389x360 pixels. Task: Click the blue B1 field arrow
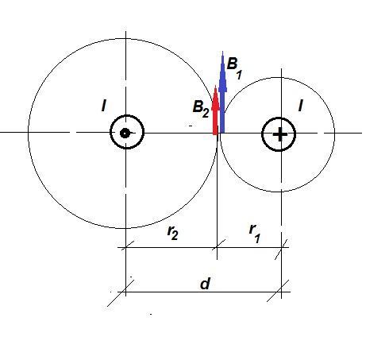click(x=222, y=92)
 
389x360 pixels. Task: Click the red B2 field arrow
click(x=216, y=110)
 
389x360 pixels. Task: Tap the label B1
click(x=234, y=68)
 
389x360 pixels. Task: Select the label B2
click(x=201, y=109)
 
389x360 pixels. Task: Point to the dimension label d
click(x=206, y=284)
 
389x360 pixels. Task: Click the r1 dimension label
click(x=255, y=233)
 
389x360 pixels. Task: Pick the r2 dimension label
click(x=173, y=232)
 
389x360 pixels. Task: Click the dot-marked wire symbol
click(x=127, y=132)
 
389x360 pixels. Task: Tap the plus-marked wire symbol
click(x=279, y=134)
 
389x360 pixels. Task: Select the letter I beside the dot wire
click(x=104, y=106)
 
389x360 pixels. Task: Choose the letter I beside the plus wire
click(x=300, y=106)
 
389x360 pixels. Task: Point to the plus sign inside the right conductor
click(x=279, y=134)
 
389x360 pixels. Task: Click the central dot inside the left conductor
click(x=125, y=133)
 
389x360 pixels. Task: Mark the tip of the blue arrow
click(x=223, y=51)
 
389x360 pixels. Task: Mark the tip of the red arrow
click(x=216, y=86)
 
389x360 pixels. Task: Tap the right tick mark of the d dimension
click(x=278, y=291)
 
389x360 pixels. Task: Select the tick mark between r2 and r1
click(x=219, y=244)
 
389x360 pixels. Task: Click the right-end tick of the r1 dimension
click(x=281, y=250)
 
